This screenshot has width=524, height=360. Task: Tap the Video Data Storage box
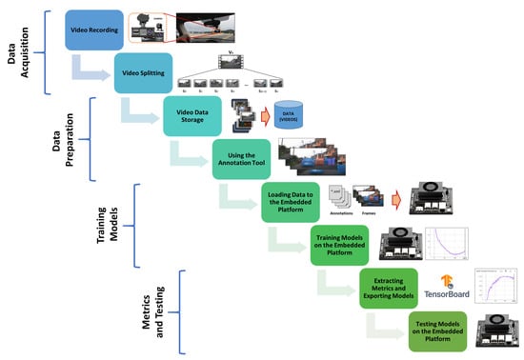click(x=192, y=115)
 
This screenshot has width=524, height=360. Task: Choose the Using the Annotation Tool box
click(x=241, y=156)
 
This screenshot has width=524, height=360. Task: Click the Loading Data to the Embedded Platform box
click(x=291, y=201)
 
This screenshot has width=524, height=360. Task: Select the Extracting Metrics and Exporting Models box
click(x=390, y=287)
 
